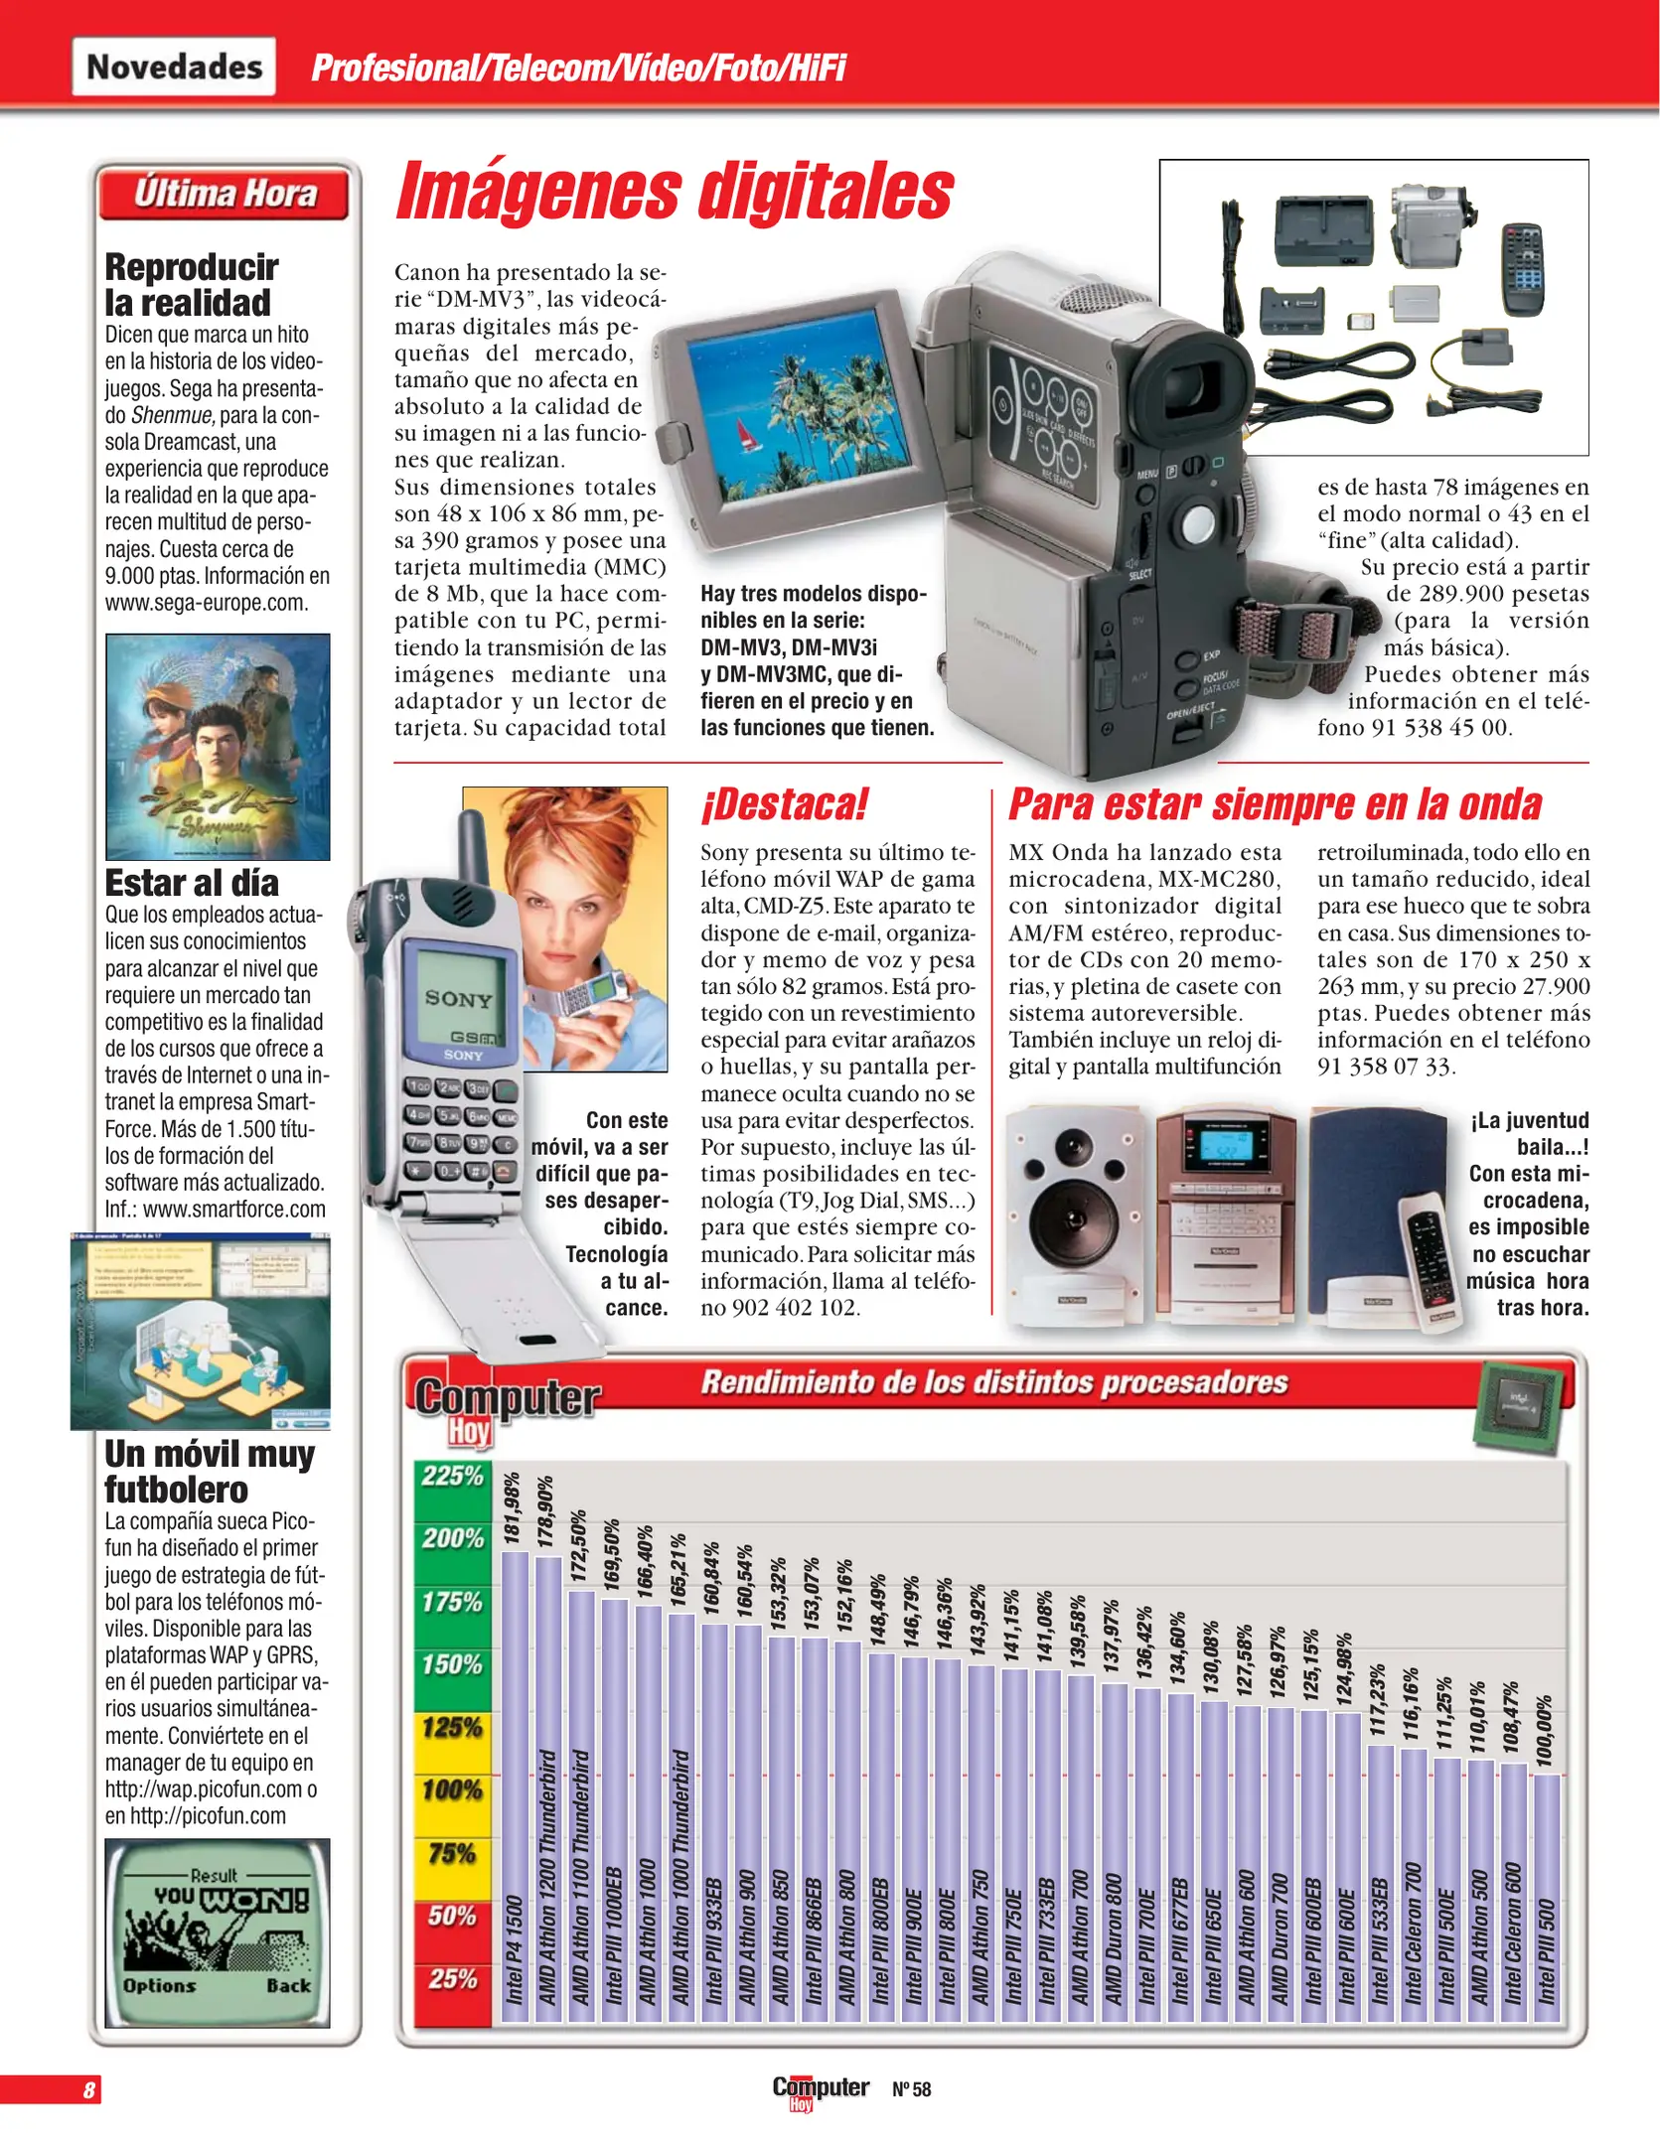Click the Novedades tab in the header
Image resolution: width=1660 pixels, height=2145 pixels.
[174, 67]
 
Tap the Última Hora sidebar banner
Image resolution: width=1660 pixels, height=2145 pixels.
[225, 194]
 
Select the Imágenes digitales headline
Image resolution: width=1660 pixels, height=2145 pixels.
[675, 192]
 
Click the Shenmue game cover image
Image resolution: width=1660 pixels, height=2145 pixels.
[218, 747]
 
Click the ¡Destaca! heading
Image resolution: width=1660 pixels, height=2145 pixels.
[785, 804]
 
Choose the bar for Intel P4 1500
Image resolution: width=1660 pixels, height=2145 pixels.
[515, 1787]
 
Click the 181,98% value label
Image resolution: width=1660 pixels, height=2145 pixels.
[513, 1507]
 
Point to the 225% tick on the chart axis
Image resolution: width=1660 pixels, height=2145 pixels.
[453, 1477]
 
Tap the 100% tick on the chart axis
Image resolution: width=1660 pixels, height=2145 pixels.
[453, 1790]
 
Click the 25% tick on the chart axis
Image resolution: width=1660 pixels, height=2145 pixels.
[453, 1979]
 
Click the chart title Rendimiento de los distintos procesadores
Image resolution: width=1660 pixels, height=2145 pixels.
[993, 1382]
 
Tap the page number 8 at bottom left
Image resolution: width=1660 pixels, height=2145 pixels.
[89, 2089]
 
